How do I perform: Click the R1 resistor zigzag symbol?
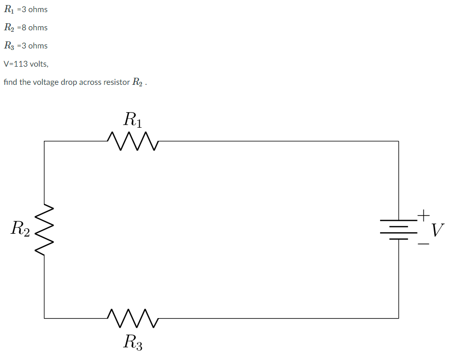[x=133, y=141]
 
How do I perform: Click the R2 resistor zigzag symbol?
[x=44, y=230]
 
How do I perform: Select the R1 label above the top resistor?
[x=133, y=120]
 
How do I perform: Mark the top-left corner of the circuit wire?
[x=44, y=141]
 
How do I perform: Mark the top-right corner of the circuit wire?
[x=398, y=141]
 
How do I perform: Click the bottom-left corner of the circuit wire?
[x=44, y=318]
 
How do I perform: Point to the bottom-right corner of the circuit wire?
[x=398, y=318]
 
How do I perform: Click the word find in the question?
[x=10, y=82]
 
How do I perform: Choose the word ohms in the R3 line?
[x=38, y=46]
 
